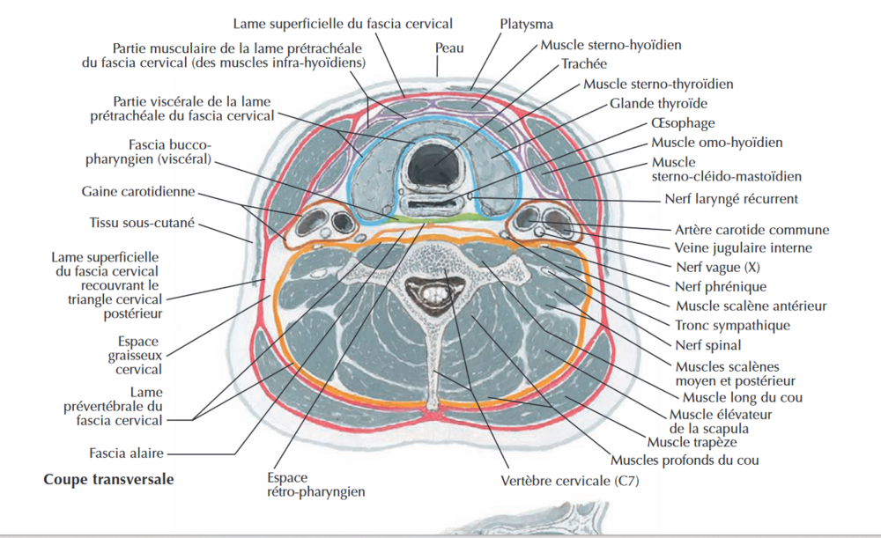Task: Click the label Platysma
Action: coord(526,24)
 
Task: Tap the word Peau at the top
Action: coord(448,48)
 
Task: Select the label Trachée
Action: coord(584,64)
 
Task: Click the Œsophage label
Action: coord(683,123)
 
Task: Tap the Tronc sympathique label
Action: coord(732,326)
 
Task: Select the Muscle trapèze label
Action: coord(692,441)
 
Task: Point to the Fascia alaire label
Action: coord(126,453)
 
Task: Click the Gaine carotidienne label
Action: coord(138,191)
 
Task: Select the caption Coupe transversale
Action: coord(108,480)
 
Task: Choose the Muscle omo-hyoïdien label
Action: coord(716,142)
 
